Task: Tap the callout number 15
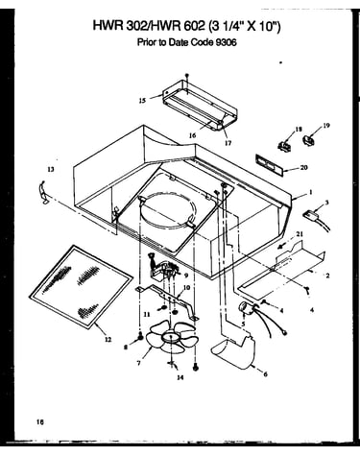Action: click(142, 101)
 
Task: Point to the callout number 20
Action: click(303, 167)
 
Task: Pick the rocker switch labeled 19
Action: click(308, 140)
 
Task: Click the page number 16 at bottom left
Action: click(39, 421)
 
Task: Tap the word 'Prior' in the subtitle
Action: click(147, 42)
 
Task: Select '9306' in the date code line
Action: click(227, 42)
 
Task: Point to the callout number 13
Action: click(51, 170)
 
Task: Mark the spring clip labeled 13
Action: click(42, 192)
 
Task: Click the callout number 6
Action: click(265, 373)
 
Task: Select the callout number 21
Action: click(300, 234)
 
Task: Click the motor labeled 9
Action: click(162, 265)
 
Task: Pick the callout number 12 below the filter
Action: click(108, 340)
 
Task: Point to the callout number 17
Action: click(228, 143)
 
